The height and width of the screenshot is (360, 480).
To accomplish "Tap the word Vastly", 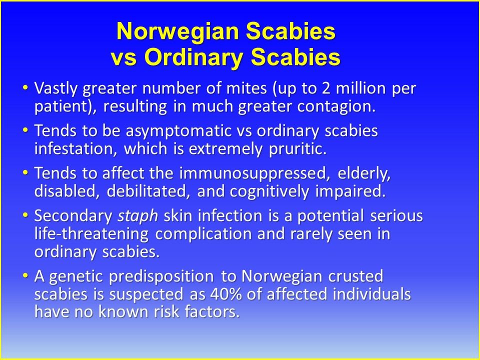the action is point(56,89).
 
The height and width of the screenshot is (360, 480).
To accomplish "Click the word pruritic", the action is point(297,149).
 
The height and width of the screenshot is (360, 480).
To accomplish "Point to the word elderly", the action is point(364,173).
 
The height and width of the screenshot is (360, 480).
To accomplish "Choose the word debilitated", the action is point(146,191).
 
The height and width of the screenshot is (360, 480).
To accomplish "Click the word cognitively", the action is point(269,192).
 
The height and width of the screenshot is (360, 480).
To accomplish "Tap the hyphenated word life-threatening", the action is point(91,234).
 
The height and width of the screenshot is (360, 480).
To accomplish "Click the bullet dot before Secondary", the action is point(25,215).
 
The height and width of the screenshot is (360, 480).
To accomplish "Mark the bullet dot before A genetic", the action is point(25,275).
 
